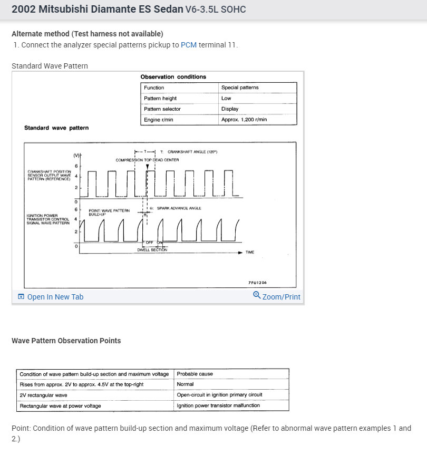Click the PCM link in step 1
pyautogui.click(x=188, y=45)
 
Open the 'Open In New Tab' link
pyautogui.click(x=55, y=297)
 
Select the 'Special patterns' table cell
pyautogui.click(x=240, y=88)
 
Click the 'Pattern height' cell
pyautogui.click(x=160, y=98)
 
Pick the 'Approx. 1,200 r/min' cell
pyautogui.click(x=244, y=120)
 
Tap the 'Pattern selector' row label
pyautogui.click(x=162, y=109)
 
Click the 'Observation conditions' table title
pyautogui.click(x=173, y=77)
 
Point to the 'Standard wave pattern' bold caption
pyautogui.click(x=56, y=128)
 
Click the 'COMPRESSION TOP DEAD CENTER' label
pyautogui.click(x=147, y=160)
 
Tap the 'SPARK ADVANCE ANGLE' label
pyautogui.click(x=179, y=208)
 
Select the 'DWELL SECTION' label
pyautogui.click(x=152, y=250)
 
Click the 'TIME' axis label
pyautogui.click(x=250, y=253)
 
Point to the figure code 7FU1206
pyautogui.click(x=257, y=283)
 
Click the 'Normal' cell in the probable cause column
pyautogui.click(x=185, y=384)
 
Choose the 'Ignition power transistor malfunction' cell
pyautogui.click(x=218, y=405)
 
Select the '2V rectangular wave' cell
pyautogui.click(x=43, y=395)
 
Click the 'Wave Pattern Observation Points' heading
pyautogui.click(x=66, y=341)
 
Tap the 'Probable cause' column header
pyautogui.click(x=195, y=374)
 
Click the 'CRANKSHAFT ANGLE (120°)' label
pyautogui.click(x=192, y=152)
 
